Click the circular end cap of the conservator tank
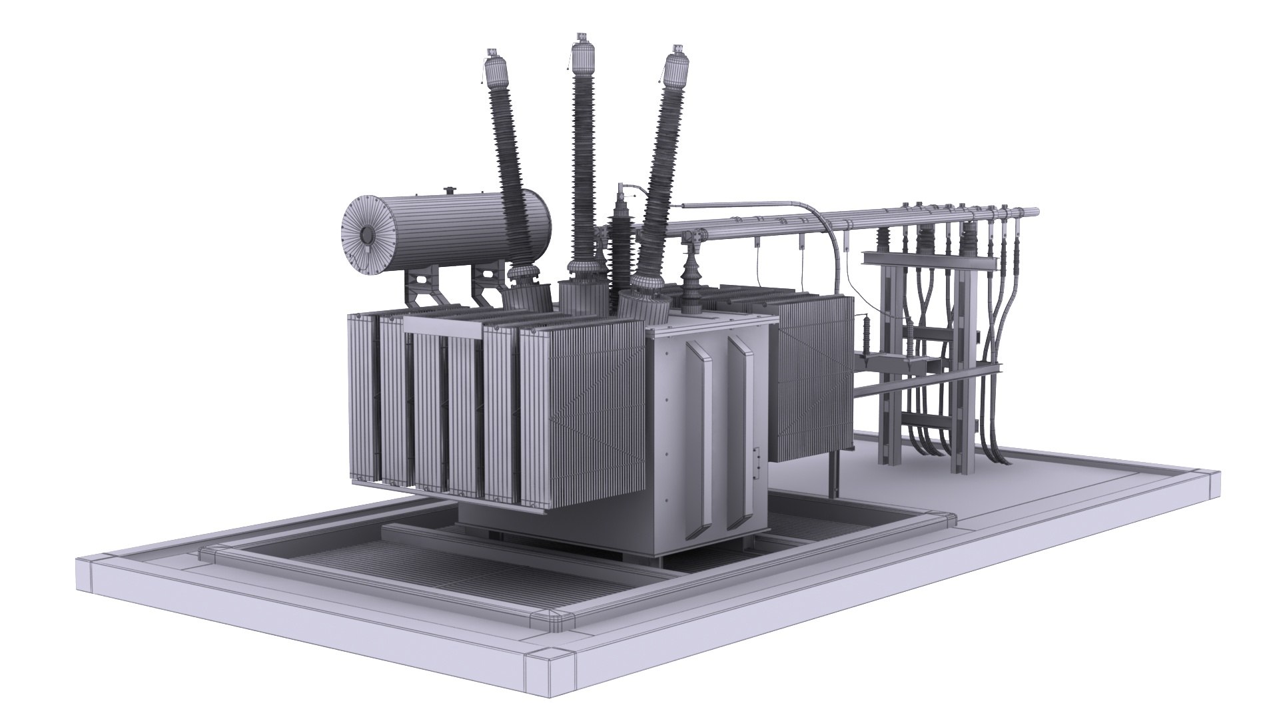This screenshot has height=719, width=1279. pyautogui.click(x=366, y=235)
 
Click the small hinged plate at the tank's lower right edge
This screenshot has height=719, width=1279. pyautogui.click(x=756, y=462)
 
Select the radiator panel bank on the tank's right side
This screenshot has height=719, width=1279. pyautogui.click(x=813, y=376)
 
